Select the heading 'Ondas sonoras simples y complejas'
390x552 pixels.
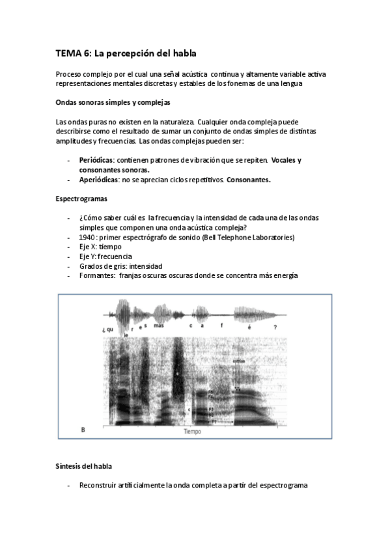point(114,103)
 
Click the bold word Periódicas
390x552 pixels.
point(96,160)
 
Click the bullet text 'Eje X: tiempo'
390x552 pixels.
point(100,247)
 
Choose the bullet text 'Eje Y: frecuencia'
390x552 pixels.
point(106,256)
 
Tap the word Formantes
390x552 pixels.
point(97,275)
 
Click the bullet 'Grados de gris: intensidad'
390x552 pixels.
point(120,266)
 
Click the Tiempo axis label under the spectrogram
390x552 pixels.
point(192,432)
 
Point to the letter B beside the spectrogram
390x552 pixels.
point(82,430)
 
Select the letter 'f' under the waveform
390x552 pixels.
point(221,325)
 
